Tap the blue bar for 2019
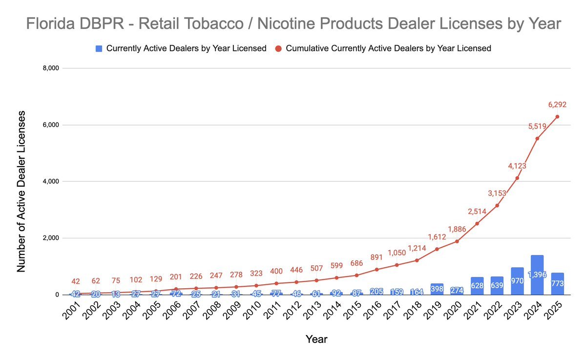(437, 289)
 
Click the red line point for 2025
(557, 116)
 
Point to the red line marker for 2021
(477, 224)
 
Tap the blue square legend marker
(99, 48)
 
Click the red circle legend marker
(278, 48)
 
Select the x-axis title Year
(316, 339)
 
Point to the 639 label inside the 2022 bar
(497, 286)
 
